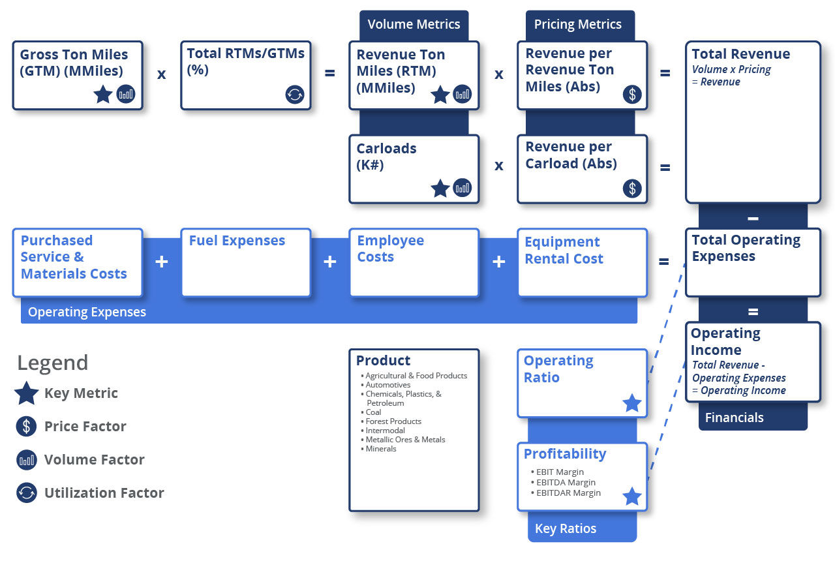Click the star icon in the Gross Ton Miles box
(103, 95)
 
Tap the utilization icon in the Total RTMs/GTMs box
(295, 95)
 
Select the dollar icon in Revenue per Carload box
(631, 189)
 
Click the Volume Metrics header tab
(414, 25)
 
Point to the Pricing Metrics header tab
(577, 25)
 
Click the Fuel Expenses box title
(237, 241)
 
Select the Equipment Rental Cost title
(564, 251)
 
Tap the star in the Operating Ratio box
(631, 403)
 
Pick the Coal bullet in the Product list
(373, 412)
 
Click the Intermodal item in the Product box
(385, 431)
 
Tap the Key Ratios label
(566, 528)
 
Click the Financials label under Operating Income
(734, 418)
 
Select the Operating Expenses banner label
(87, 312)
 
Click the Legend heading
(52, 363)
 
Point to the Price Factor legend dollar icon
(27, 427)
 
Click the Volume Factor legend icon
(27, 460)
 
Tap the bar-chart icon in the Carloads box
(462, 189)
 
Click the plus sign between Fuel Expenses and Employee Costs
(330, 262)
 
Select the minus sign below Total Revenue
(753, 218)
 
